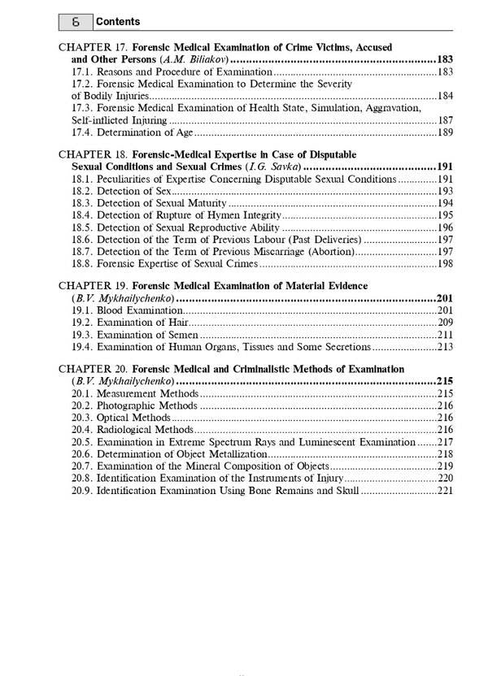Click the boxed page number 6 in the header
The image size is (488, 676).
click(75, 22)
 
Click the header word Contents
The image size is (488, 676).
click(117, 22)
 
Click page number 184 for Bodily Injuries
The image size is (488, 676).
click(445, 96)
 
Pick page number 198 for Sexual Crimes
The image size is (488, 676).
click(445, 264)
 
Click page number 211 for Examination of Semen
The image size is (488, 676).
click(445, 335)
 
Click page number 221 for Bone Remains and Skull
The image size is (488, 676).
click(445, 491)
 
